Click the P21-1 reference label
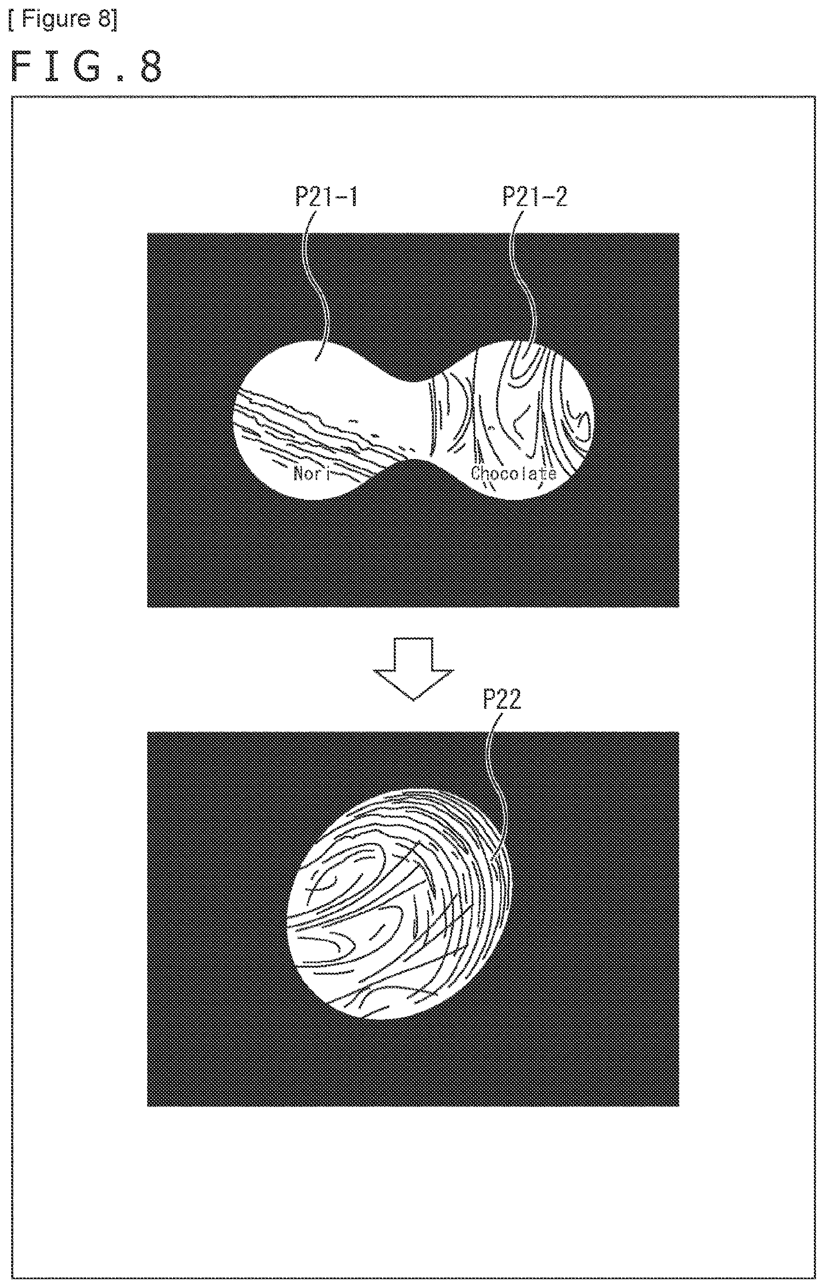click(x=326, y=197)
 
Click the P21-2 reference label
click(x=535, y=197)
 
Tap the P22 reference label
click(x=502, y=700)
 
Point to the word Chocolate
click(x=514, y=473)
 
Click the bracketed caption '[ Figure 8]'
click(x=63, y=19)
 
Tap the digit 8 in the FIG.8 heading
click(x=150, y=67)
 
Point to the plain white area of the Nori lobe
click(x=316, y=375)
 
